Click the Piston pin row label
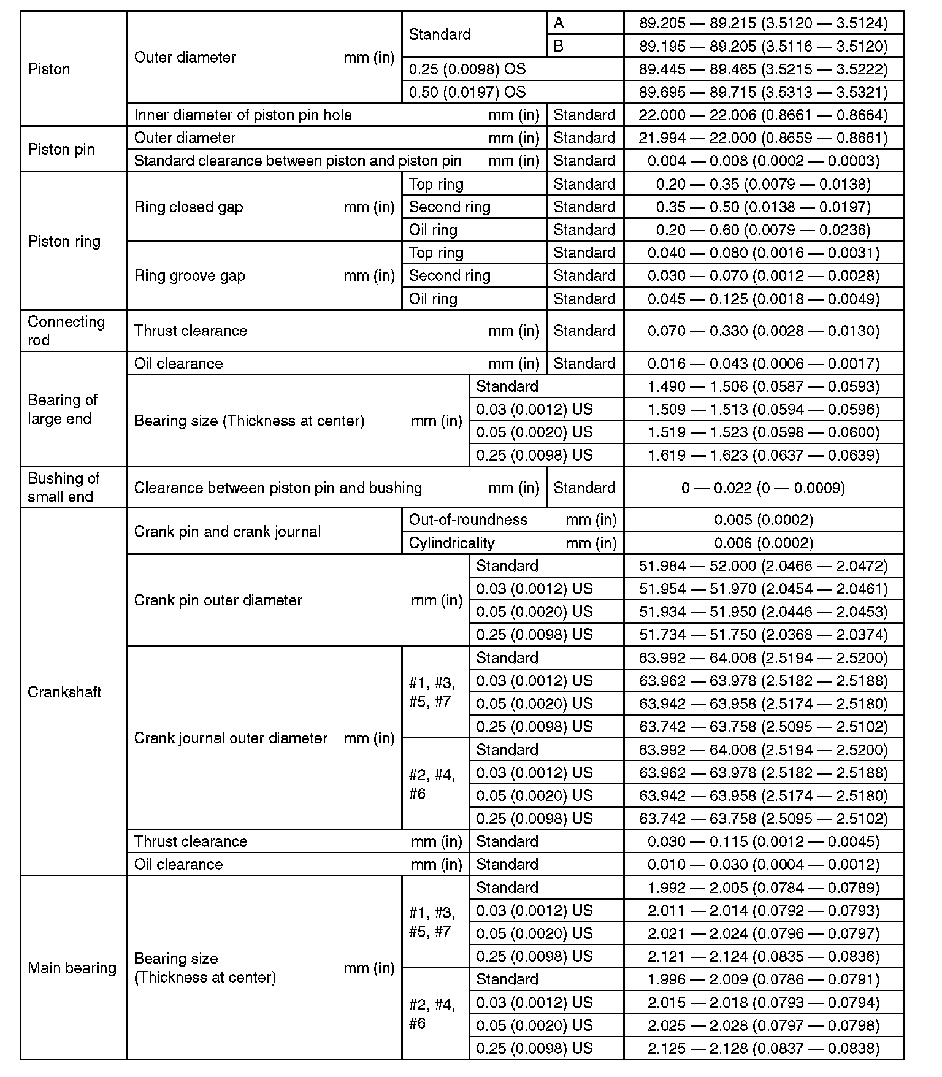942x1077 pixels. pyautogui.click(x=61, y=150)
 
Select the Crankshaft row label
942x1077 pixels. pyautogui.click(x=64, y=692)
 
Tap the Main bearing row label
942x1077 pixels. pyautogui.click(x=72, y=968)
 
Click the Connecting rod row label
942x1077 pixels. pyautogui.click(x=66, y=331)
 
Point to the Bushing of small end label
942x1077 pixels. pyautogui.click(x=63, y=488)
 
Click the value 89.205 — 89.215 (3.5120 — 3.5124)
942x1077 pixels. pyautogui.click(x=763, y=23)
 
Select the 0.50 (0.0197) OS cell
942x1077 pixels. pyautogui.click(x=467, y=92)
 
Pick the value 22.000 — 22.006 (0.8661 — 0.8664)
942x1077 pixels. pyautogui.click(x=763, y=115)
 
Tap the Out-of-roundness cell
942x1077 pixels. pyautogui.click(x=468, y=519)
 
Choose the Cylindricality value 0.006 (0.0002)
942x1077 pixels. pyautogui.click(x=763, y=543)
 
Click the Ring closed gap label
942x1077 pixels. pyautogui.click(x=189, y=207)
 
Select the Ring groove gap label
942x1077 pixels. pyautogui.click(x=190, y=275)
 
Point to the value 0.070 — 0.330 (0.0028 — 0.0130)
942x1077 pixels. pyautogui.click(x=763, y=331)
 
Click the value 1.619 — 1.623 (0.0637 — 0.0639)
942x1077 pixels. pyautogui.click(x=763, y=455)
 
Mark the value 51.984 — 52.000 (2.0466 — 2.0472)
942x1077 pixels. pyautogui.click(x=763, y=565)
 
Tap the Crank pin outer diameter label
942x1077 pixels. pyautogui.click(x=218, y=600)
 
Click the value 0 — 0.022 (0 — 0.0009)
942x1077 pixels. pyautogui.click(x=763, y=488)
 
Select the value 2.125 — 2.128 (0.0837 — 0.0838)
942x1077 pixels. pyautogui.click(x=763, y=1048)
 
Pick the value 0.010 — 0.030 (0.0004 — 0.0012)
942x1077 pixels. pyautogui.click(x=763, y=864)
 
